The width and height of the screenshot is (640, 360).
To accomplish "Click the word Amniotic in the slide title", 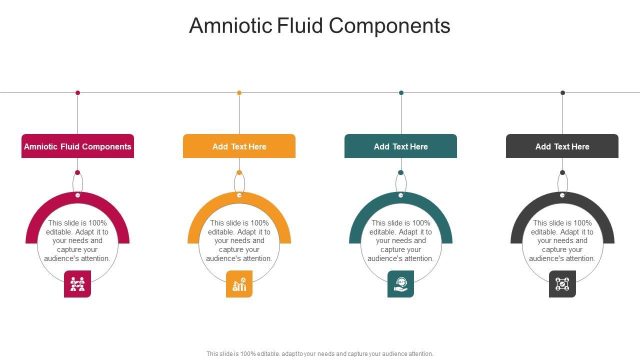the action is (230, 25).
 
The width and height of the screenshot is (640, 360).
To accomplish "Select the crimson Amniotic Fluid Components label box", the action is (77, 146).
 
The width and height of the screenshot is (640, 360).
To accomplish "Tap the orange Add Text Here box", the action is (239, 146).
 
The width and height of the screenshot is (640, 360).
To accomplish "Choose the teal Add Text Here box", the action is (400, 146).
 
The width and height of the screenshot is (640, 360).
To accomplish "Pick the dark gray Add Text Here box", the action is (562, 146).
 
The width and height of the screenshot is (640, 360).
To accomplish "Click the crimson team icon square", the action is (77, 284).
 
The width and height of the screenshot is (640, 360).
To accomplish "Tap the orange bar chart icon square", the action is (239, 284).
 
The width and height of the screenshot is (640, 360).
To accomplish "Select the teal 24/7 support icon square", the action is (400, 284).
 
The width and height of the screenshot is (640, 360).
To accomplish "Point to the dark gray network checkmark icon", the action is (562, 284).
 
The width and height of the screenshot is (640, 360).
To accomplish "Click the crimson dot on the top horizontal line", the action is (77, 92).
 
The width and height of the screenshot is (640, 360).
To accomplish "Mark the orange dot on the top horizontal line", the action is (239, 92).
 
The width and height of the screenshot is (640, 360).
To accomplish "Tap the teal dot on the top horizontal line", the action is (401, 92).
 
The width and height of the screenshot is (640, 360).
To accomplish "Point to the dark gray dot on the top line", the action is (562, 92).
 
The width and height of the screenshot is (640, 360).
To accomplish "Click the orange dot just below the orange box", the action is (239, 172).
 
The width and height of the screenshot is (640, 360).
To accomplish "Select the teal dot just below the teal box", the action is (400, 172).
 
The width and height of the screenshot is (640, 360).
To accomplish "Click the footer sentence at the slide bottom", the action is (319, 353).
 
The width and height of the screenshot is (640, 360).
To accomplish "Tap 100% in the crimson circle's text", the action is (97, 223).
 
